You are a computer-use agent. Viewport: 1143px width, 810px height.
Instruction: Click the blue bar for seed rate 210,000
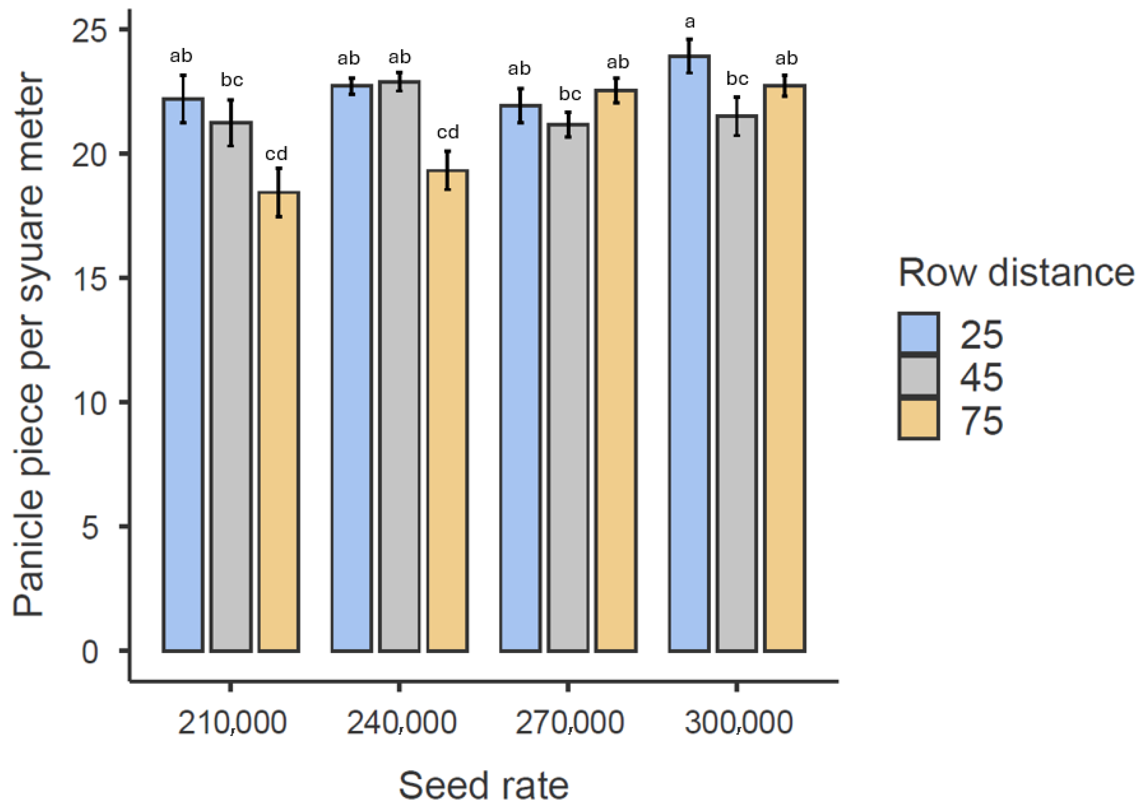pyautogui.click(x=182, y=374)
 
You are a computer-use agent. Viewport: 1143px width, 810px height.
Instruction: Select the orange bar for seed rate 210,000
pyautogui.click(x=279, y=421)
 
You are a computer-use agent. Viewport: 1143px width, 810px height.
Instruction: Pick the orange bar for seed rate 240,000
pyautogui.click(x=447, y=410)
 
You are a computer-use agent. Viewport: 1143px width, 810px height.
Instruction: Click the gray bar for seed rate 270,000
pyautogui.click(x=568, y=388)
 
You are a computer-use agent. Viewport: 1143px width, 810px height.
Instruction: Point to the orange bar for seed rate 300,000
pyautogui.click(x=785, y=368)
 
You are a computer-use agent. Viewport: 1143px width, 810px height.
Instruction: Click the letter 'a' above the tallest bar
pyautogui.click(x=690, y=22)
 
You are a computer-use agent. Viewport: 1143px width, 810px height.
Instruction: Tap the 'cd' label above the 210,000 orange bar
pyautogui.click(x=276, y=154)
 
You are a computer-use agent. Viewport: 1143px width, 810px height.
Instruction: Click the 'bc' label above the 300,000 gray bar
pyautogui.click(x=737, y=78)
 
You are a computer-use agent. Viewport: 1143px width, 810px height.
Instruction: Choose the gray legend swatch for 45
pyautogui.click(x=918, y=377)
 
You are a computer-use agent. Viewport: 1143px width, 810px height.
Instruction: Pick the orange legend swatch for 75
pyautogui.click(x=918, y=419)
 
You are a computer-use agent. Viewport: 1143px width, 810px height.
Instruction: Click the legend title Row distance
pyautogui.click(x=1015, y=273)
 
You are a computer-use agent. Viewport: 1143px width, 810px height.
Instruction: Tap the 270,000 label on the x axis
pyautogui.click(x=570, y=723)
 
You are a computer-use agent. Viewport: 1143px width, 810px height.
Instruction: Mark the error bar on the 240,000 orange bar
pyautogui.click(x=448, y=170)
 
